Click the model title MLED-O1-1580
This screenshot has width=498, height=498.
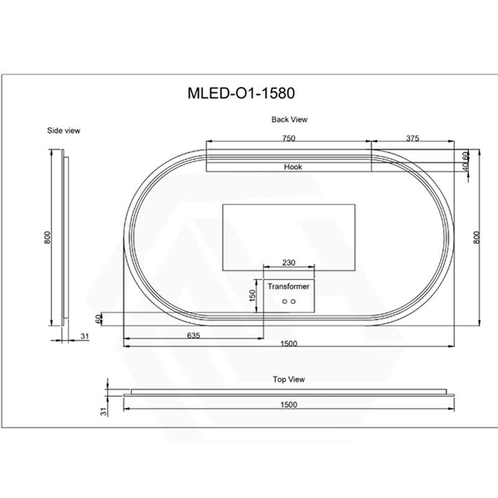point(241,93)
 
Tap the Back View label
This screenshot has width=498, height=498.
point(289,120)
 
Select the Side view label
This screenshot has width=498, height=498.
point(63,130)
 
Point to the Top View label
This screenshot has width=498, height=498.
point(289,379)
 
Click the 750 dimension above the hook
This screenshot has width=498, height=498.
point(289,138)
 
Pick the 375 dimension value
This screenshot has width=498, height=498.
point(413,138)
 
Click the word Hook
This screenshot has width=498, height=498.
point(293,167)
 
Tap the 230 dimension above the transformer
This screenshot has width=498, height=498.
point(289,263)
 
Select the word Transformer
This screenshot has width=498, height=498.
point(288,286)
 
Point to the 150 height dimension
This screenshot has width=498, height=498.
point(253,295)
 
